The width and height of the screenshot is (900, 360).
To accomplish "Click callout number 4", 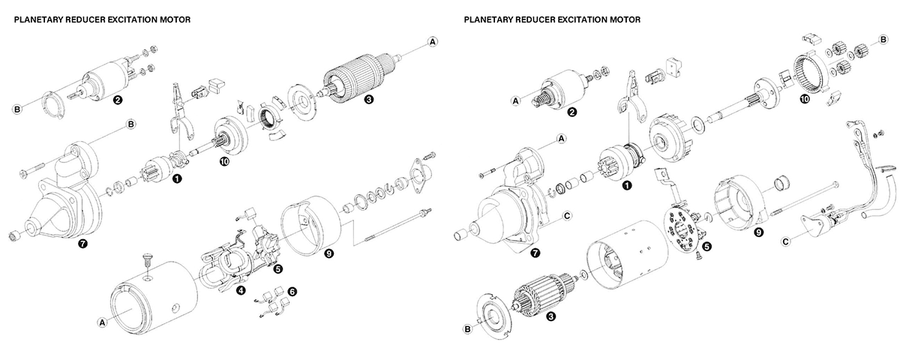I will tap(241, 290).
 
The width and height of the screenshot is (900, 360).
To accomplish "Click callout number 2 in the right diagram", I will tap(571, 112).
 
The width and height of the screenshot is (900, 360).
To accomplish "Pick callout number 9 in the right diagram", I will tap(759, 233).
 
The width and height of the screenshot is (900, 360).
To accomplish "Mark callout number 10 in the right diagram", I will tap(804, 97).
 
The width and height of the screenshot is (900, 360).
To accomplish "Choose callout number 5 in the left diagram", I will tap(277, 268).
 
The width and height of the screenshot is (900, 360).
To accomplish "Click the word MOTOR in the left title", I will tap(172, 20).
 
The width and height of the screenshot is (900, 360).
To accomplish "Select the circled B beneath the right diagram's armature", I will tap(467, 328).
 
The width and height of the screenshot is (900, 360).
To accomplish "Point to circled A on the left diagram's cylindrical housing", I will tap(102, 322).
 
